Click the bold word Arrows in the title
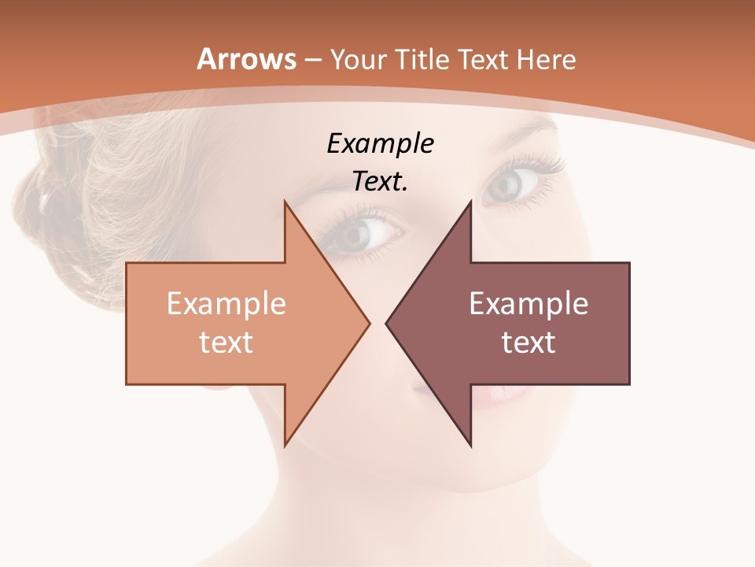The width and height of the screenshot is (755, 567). click(247, 59)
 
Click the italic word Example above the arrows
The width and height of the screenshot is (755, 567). click(380, 144)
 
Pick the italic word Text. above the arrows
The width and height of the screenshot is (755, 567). click(380, 182)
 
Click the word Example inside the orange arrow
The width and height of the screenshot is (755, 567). click(226, 304)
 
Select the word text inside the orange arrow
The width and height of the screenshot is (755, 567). click(226, 342)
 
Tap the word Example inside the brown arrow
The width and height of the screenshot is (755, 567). click(528, 304)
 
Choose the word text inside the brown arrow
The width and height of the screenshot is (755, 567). click(528, 342)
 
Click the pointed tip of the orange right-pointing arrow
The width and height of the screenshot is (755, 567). click(369, 323)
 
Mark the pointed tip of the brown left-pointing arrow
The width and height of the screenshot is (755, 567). click(386, 323)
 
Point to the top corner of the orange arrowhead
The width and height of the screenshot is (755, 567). click(285, 201)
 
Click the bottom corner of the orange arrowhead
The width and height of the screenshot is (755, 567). click(285, 445)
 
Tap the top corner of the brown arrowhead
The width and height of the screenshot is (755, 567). click(470, 201)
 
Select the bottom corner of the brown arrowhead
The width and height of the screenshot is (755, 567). click(470, 445)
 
